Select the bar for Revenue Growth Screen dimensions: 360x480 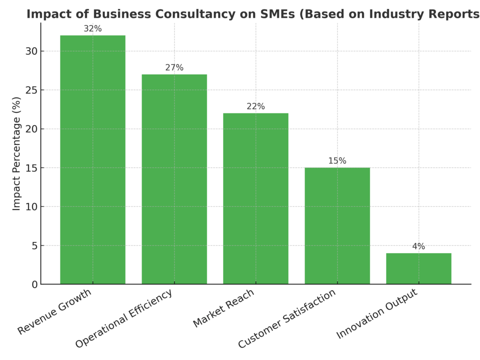pyautogui.click(x=92, y=159)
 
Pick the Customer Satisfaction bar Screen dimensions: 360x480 pyautogui.click(x=337, y=225)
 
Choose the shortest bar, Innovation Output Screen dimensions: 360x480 pyautogui.click(x=419, y=269)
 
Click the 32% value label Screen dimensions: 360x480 pyautogui.click(x=92, y=29)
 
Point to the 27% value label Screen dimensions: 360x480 pyautogui.click(x=174, y=67)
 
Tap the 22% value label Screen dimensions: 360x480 pyautogui.click(x=255, y=106)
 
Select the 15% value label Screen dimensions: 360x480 pyautogui.click(x=337, y=161)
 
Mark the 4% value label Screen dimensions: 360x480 pyautogui.click(x=419, y=247)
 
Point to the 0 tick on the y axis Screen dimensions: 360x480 pyautogui.click(x=33, y=285)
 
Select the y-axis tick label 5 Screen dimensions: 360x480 pyautogui.click(x=33, y=246)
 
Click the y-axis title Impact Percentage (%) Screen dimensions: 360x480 pyautogui.click(x=17, y=154)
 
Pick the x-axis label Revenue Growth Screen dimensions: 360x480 pyautogui.click(x=55, y=312)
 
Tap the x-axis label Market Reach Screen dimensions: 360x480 pyautogui.click(x=224, y=308)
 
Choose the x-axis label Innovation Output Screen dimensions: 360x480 pyautogui.click(x=377, y=314)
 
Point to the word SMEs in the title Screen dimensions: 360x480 pyautogui.click(x=276, y=14)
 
